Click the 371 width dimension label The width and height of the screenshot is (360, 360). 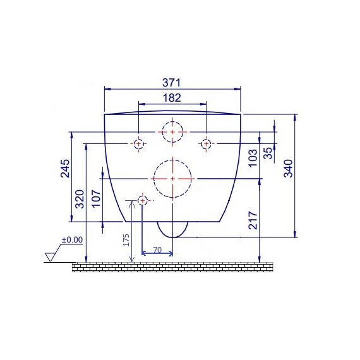172,83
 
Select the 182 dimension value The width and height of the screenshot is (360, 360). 172,98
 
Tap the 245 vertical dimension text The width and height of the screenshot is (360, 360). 65,169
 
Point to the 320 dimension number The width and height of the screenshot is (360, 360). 80,199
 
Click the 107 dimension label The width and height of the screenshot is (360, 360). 97,198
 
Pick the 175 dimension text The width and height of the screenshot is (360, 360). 126,240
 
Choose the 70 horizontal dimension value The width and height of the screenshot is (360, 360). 157,250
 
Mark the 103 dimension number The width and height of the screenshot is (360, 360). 253,158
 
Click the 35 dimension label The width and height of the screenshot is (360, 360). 268,153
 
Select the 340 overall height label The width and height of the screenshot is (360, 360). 289,169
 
